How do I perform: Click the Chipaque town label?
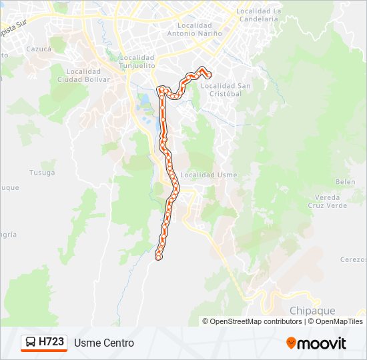tap(312, 310)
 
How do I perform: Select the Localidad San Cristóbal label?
tap(226, 89)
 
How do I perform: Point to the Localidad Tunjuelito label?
tap(137, 61)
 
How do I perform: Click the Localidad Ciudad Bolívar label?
tap(83, 76)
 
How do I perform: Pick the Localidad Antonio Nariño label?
tap(194, 29)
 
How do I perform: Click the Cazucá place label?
tap(38, 49)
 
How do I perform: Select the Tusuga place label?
tap(41, 172)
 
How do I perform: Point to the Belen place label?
tap(345, 182)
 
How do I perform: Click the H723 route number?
tap(51, 343)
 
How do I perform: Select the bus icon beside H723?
tap(31, 343)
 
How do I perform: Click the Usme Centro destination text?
tap(104, 343)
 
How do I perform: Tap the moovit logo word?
tap(322, 343)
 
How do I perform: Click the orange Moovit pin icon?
tap(291, 343)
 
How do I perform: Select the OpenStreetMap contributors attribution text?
tap(256, 321)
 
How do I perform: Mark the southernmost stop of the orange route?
tap(158, 257)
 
